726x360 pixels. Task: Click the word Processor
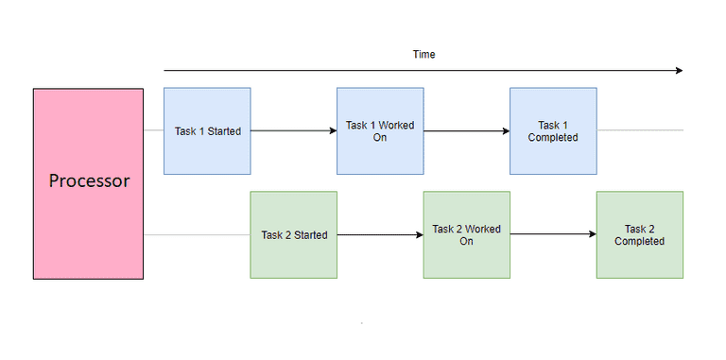pos(88,181)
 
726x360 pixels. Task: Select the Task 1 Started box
pos(207,130)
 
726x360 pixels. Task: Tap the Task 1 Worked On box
pos(380,130)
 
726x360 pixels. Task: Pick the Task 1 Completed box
pos(553,130)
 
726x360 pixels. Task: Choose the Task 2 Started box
pos(293,234)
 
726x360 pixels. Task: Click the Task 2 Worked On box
pos(466,234)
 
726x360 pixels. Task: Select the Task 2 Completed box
pos(639,234)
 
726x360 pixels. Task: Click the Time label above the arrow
pos(423,55)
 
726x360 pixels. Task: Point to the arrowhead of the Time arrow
pos(677,70)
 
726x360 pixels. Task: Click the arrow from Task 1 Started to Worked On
pos(293,130)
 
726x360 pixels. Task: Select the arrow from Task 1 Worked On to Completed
pos(466,130)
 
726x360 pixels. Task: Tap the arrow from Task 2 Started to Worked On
pos(380,234)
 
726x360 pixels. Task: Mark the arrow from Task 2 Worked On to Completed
pos(553,234)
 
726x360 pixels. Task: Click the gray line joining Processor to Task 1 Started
pos(153,130)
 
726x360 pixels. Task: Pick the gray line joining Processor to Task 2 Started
pos(197,234)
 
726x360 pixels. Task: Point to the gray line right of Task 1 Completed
pos(639,130)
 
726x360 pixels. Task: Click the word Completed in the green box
pos(639,241)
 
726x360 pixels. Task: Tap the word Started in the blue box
pos(224,131)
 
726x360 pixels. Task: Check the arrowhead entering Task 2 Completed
pos(591,234)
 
